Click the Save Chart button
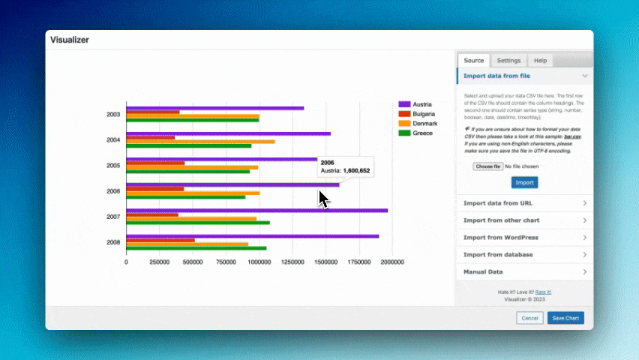(x=565, y=318)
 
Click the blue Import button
(x=524, y=182)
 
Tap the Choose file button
(x=487, y=166)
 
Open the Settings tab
(x=508, y=61)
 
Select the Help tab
(x=540, y=61)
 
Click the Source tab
(x=473, y=61)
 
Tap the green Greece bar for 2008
(x=196, y=248)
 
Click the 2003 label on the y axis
(x=113, y=115)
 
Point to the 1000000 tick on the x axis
(x=259, y=262)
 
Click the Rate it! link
(x=543, y=292)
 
